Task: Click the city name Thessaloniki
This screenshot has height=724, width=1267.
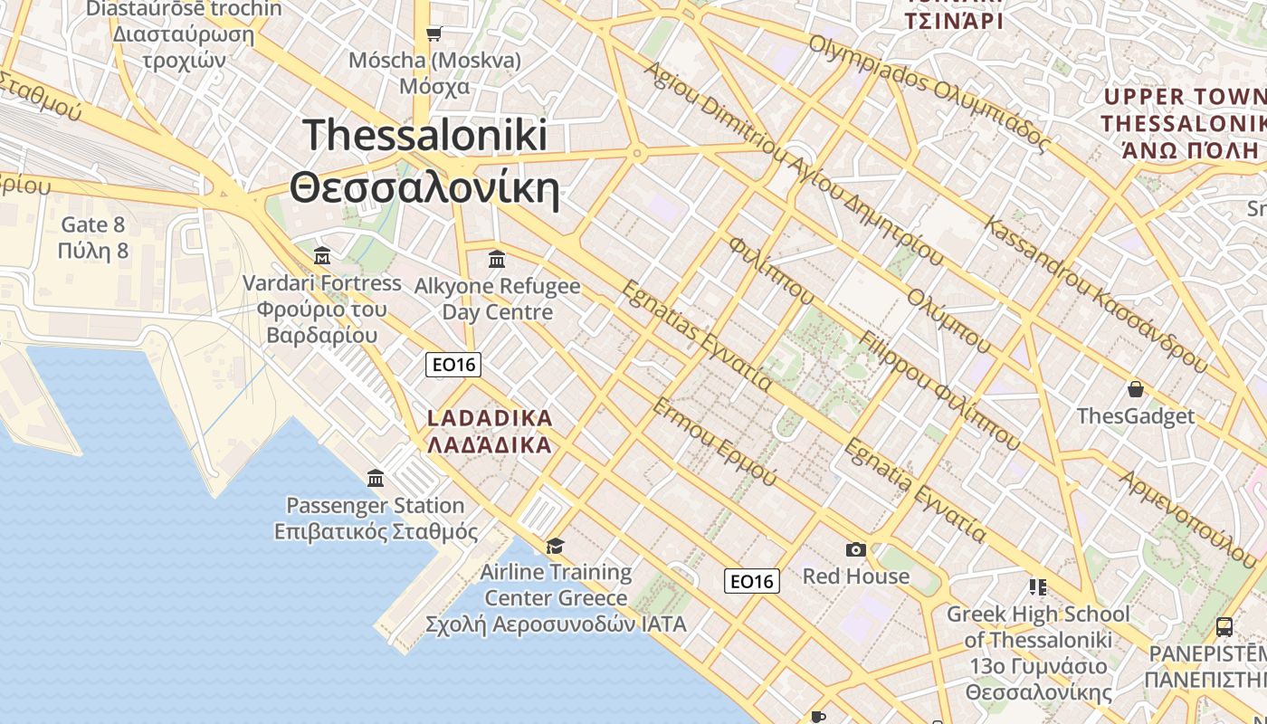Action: (425, 162)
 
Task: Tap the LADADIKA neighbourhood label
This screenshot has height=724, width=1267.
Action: (489, 432)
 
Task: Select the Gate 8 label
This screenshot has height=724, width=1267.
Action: (92, 237)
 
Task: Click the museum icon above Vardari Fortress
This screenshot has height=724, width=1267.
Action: (321, 255)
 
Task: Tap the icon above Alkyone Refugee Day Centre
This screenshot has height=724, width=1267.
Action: (496, 260)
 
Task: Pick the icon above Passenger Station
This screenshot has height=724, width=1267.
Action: (376, 478)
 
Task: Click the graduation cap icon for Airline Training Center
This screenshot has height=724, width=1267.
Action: (555, 546)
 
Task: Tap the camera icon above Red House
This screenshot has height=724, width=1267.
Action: (855, 549)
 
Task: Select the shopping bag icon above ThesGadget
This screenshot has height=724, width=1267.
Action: (1135, 389)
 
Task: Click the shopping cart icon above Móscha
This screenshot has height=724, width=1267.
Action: (434, 33)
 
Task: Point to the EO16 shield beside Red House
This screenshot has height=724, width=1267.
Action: (751, 581)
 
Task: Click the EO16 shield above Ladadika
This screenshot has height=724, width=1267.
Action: (453, 365)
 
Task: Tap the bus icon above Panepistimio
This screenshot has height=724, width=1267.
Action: (1224, 626)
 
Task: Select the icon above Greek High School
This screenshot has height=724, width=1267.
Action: (1037, 587)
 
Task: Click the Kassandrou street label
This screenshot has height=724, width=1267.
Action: (1096, 294)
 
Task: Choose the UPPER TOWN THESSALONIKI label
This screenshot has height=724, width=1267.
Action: (1182, 123)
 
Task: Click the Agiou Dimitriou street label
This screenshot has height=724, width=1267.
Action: (792, 163)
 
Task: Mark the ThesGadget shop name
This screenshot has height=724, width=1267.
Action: (1135, 416)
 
